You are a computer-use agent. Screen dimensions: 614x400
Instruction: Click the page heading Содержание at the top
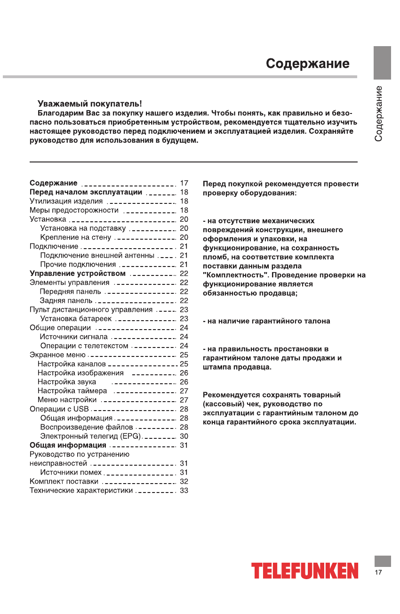pos(307,64)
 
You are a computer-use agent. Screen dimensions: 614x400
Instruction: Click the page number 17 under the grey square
pos(378,573)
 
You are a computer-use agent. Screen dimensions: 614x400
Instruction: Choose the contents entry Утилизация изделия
pos(66,201)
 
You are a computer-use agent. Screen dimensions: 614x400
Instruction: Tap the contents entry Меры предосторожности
pos(74,210)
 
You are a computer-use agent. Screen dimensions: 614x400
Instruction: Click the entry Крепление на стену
pos(76,237)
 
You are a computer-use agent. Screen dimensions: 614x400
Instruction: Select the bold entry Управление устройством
pos(78,274)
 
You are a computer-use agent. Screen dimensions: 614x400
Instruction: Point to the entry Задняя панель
pos(66,300)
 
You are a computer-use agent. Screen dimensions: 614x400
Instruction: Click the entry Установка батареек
pos(76,319)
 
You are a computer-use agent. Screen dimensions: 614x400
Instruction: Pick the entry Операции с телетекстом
pos(84,346)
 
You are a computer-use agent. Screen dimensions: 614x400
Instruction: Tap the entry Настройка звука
pos(67,382)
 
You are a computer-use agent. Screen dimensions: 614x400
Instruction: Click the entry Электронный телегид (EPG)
pos(91,436)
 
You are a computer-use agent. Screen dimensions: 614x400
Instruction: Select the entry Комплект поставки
pos(64,481)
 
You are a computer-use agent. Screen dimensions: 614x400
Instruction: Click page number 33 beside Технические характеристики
pos(184,491)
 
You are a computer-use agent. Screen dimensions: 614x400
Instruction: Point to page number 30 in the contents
pos(184,436)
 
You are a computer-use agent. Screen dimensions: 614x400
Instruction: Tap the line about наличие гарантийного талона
pos(266,321)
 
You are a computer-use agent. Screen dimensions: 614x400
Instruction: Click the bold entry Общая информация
pos(68,445)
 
